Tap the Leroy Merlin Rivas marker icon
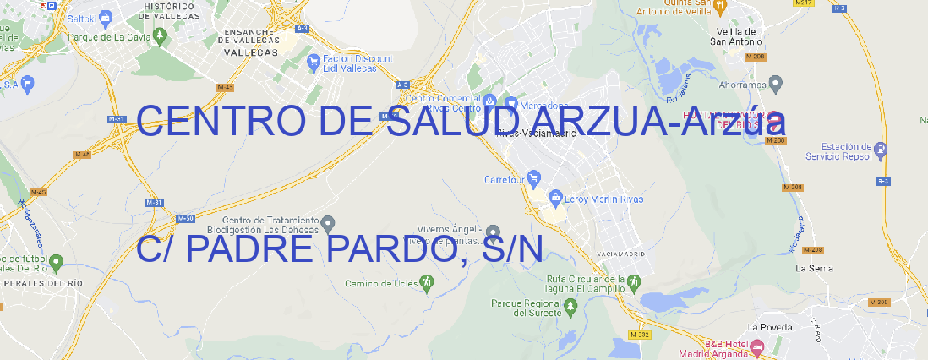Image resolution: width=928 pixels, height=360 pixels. coord(555,198)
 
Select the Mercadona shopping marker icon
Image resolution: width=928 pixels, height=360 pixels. coord(510,103)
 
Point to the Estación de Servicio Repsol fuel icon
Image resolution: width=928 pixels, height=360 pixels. coord(882,150)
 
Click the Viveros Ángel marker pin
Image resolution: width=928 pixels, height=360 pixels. coord(494,232)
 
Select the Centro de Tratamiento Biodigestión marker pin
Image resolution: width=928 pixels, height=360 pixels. coord(329,224)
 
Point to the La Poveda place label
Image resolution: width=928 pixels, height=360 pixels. coord(771,327)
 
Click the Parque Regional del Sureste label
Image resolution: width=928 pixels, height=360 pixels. coord(526,308)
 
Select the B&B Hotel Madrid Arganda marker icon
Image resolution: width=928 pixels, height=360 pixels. coord(757,346)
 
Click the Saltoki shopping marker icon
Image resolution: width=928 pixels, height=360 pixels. coord(106,16)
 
